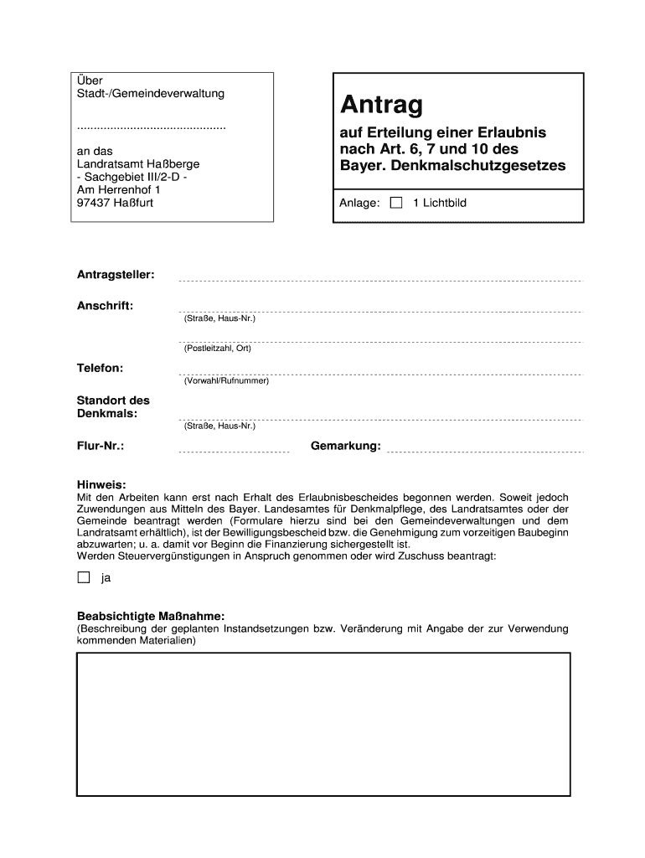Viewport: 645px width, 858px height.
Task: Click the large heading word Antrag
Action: [381, 106]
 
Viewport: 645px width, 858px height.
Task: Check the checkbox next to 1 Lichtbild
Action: [396, 203]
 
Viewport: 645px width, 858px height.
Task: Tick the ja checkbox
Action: [83, 577]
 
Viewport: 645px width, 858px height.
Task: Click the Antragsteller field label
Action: [116, 275]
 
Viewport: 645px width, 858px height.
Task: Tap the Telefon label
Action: [101, 368]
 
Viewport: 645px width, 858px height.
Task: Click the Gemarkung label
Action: [345, 446]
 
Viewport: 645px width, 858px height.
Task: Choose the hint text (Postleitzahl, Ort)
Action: [218, 349]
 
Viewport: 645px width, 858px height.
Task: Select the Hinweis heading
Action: [101, 484]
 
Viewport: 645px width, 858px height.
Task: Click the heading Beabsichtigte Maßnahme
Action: [151, 616]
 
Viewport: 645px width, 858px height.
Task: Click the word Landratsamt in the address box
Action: [110, 163]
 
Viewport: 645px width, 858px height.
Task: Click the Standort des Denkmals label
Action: [113, 407]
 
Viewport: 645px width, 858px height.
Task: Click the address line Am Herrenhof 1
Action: [118, 190]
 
